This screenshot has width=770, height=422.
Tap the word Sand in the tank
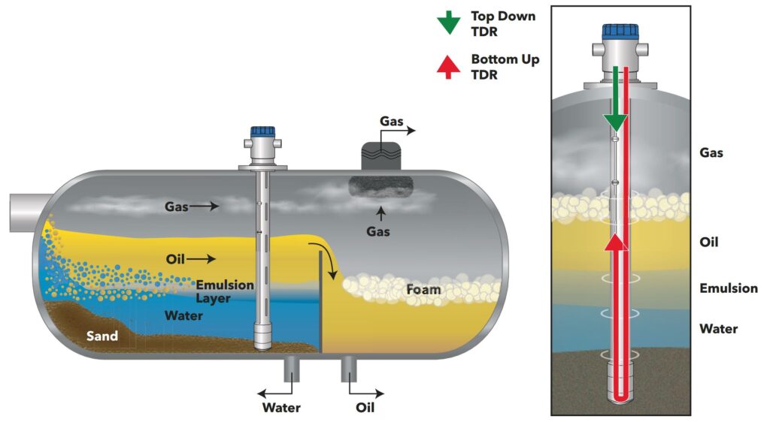pyautogui.click(x=101, y=336)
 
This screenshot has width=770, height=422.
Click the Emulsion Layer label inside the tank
pyautogui.click(x=225, y=291)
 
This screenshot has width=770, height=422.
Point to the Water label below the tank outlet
pyautogui.click(x=281, y=408)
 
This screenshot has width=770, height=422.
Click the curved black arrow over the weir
pyautogui.click(x=323, y=255)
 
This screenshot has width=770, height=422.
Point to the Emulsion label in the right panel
pyautogui.click(x=728, y=288)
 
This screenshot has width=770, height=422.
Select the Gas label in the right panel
pyautogui.click(x=711, y=152)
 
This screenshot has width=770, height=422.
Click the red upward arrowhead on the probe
pyautogui.click(x=616, y=242)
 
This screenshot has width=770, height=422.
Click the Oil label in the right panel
pyautogui.click(x=709, y=243)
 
